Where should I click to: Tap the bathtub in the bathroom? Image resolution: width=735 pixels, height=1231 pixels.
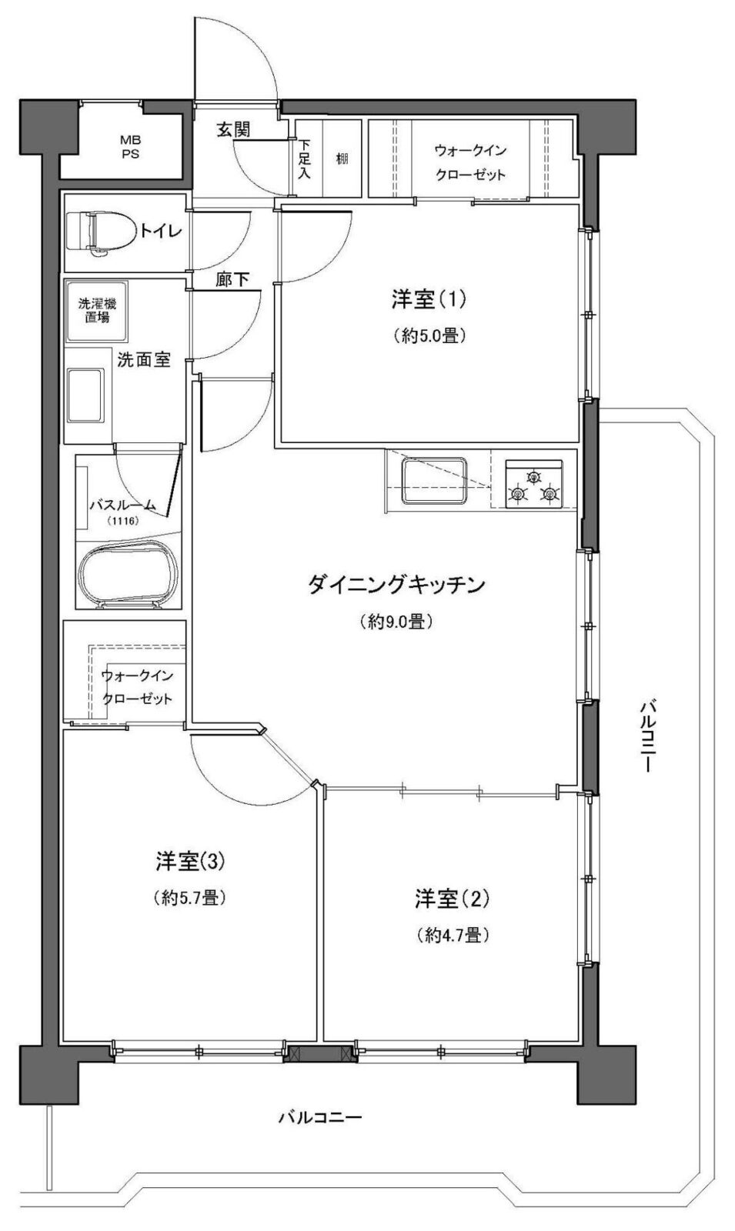(129, 575)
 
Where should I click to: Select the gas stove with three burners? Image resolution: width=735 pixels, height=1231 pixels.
(533, 485)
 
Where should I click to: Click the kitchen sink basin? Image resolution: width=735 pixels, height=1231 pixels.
(434, 481)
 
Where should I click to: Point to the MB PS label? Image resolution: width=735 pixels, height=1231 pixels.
(125, 146)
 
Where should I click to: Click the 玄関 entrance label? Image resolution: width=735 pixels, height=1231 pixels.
(232, 130)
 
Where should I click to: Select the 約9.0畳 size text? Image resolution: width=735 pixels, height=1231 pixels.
(396, 622)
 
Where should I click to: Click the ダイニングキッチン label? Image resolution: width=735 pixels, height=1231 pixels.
(396, 585)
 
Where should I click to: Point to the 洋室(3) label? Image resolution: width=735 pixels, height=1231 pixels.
(189, 861)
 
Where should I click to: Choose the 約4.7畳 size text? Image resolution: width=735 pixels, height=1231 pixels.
(453, 935)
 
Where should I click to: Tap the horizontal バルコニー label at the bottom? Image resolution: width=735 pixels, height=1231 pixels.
(319, 1116)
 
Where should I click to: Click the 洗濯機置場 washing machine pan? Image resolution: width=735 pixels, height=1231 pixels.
(97, 311)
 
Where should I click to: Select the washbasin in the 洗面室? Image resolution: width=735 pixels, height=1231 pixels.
(85, 395)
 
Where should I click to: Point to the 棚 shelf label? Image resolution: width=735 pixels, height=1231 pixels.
(342, 159)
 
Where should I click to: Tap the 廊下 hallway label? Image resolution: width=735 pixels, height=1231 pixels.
(232, 280)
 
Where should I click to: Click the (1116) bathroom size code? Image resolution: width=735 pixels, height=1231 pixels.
(123, 522)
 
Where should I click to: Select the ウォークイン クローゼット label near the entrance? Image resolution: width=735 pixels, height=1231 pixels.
(470, 162)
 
